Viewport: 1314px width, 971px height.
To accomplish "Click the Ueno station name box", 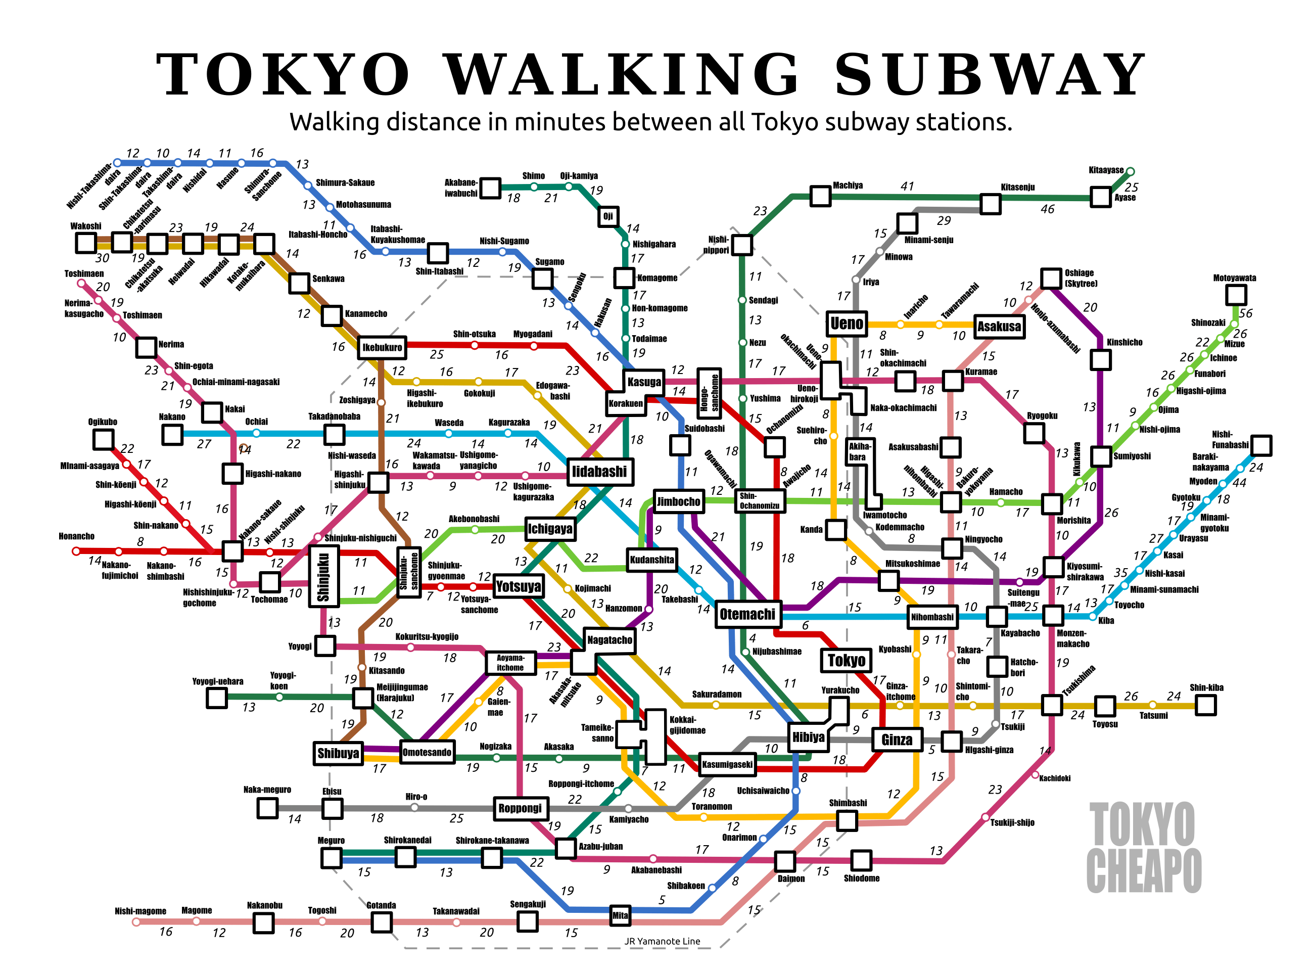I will coord(847,323).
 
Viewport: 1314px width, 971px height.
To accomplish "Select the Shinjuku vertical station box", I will coord(323,576).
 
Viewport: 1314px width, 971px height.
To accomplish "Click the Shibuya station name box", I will coord(338,753).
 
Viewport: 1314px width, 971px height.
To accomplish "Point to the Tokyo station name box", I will coord(846,661).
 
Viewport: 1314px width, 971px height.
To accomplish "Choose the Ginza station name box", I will coord(897,740).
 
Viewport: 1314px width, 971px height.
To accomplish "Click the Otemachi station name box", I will coord(747,614).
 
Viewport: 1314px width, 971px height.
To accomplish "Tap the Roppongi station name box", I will coord(520,808).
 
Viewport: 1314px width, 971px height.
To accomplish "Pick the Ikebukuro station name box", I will coord(382,347).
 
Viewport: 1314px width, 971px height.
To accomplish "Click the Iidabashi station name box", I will coord(599,472).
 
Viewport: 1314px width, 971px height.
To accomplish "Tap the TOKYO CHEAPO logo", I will coord(1143,848).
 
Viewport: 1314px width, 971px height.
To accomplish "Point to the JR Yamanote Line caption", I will coord(662,941).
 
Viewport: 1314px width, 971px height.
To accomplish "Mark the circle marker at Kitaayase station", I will coord(1130,172).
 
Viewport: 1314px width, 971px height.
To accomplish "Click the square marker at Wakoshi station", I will coord(86,242).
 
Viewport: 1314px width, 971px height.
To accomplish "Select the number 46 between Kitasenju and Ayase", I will coord(1047,209).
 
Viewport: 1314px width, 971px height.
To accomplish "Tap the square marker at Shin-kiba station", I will coord(1206,705).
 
